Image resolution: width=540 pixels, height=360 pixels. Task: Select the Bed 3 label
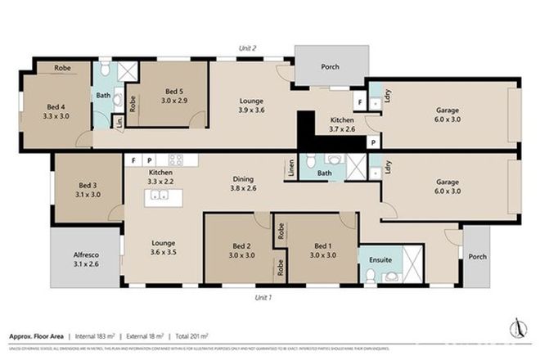[x=88, y=191]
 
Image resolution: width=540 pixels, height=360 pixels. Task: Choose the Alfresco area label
[x=85, y=260]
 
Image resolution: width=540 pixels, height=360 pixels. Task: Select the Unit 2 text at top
[x=247, y=49]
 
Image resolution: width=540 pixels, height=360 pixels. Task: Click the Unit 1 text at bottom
[x=263, y=297]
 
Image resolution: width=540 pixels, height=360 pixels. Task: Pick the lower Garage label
[x=447, y=186]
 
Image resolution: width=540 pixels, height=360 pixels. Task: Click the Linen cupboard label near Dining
[x=290, y=167]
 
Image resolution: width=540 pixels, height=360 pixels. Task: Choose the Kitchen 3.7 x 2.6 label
[x=341, y=124]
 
